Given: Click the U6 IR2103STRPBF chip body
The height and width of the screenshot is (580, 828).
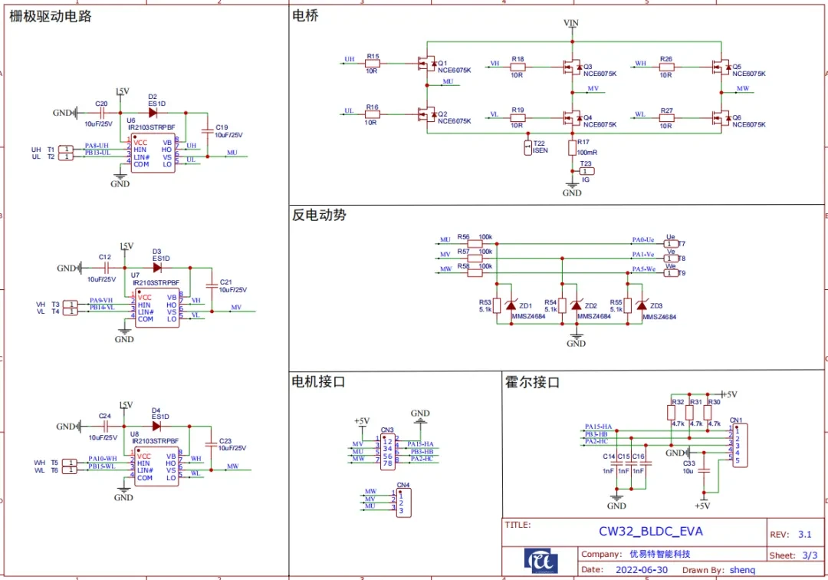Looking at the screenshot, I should point(152,154).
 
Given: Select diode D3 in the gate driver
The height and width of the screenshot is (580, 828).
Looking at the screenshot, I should point(157,268).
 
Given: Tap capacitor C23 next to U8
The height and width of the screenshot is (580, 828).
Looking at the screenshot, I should point(210,444).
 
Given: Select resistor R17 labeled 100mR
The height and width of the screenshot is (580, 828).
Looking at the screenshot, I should point(571,147).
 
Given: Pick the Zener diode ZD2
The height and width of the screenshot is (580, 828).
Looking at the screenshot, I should point(576,305).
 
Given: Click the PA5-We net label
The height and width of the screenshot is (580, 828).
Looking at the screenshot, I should point(643,270).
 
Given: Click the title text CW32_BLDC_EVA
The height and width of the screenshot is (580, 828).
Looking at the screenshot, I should point(650,531).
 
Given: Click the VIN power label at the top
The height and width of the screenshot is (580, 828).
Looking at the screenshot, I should point(571,24).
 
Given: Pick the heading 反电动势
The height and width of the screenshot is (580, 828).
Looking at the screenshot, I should point(319,216).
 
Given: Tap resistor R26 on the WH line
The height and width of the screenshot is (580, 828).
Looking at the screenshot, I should point(666,68).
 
